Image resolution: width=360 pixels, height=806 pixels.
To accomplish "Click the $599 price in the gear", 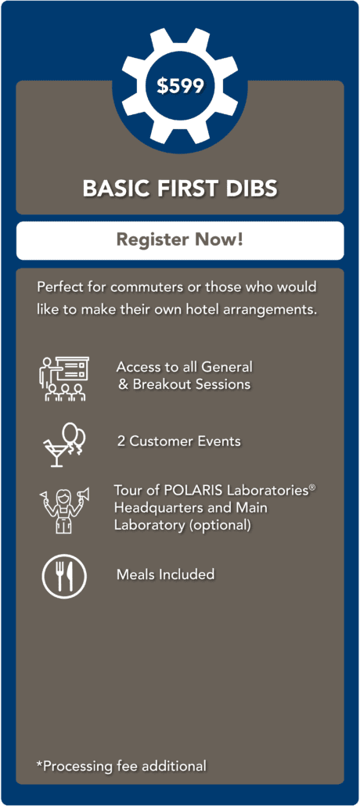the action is [x=180, y=86].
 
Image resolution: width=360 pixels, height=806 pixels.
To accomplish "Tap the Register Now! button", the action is [x=180, y=240].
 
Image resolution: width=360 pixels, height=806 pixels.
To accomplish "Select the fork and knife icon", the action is [x=64, y=576].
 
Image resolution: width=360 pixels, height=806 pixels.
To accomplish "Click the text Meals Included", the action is [x=166, y=574].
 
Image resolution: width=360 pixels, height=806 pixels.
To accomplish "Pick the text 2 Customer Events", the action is [x=178, y=441].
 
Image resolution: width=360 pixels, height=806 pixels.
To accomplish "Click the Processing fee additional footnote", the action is [x=121, y=766].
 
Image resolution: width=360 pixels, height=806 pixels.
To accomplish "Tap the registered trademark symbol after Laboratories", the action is [x=312, y=486].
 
